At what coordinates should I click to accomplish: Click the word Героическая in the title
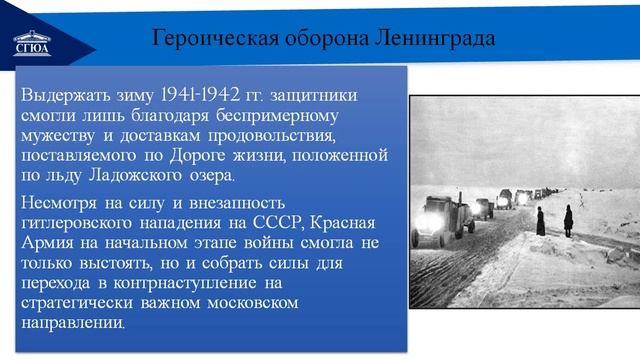point(205,39)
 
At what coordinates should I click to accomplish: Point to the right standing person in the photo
point(567,218)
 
